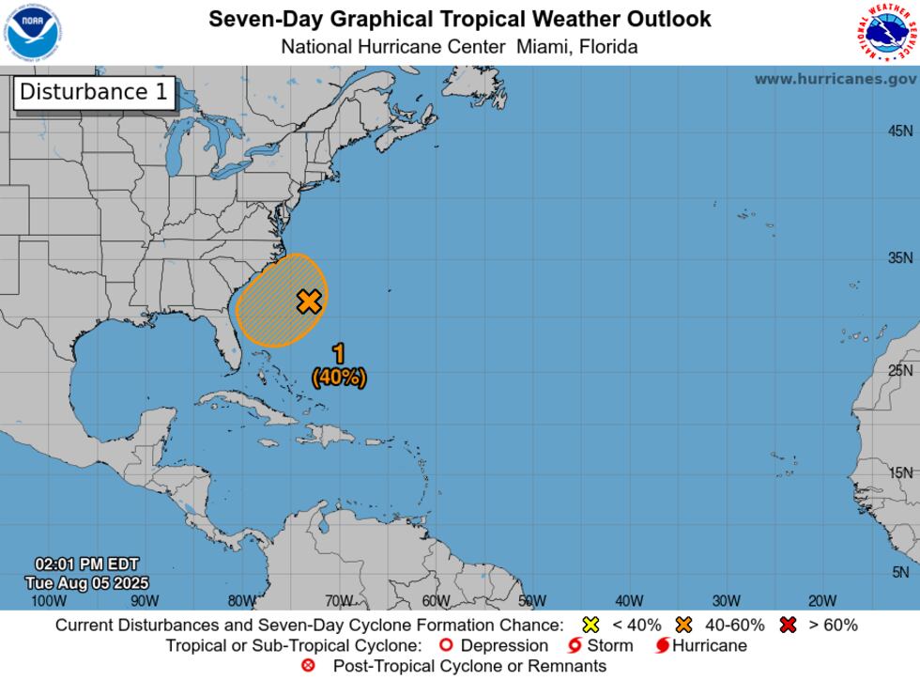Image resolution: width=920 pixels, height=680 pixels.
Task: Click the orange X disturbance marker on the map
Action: [x=309, y=301]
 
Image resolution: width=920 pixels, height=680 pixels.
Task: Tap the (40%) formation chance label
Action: [x=339, y=377]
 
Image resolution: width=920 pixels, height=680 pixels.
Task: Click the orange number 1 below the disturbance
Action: [x=339, y=354]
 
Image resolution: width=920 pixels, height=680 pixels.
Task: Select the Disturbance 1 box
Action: [x=95, y=92]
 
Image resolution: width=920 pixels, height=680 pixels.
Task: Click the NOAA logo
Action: [x=31, y=33]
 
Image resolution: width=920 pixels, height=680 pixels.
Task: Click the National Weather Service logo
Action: [x=886, y=33]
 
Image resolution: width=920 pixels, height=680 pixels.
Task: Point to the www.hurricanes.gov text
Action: [x=836, y=79]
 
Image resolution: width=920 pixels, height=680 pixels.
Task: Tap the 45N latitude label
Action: [x=899, y=131]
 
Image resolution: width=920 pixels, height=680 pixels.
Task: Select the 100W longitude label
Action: [x=48, y=601]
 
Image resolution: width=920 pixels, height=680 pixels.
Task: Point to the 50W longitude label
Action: [x=532, y=601]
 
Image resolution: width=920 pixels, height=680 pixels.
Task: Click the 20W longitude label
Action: [x=822, y=601]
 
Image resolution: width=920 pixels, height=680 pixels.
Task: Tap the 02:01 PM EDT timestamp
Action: [x=87, y=564]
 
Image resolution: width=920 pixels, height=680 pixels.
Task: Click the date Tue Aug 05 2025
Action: [x=87, y=583]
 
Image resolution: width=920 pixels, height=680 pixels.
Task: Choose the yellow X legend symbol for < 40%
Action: [x=590, y=625]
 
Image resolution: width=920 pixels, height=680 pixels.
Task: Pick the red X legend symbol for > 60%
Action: [x=788, y=625]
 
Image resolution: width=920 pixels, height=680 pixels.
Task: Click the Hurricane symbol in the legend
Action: [x=663, y=645]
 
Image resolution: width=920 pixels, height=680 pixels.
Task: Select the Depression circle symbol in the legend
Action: [x=446, y=645]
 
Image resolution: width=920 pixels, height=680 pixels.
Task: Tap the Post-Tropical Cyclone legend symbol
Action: [x=308, y=666]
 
